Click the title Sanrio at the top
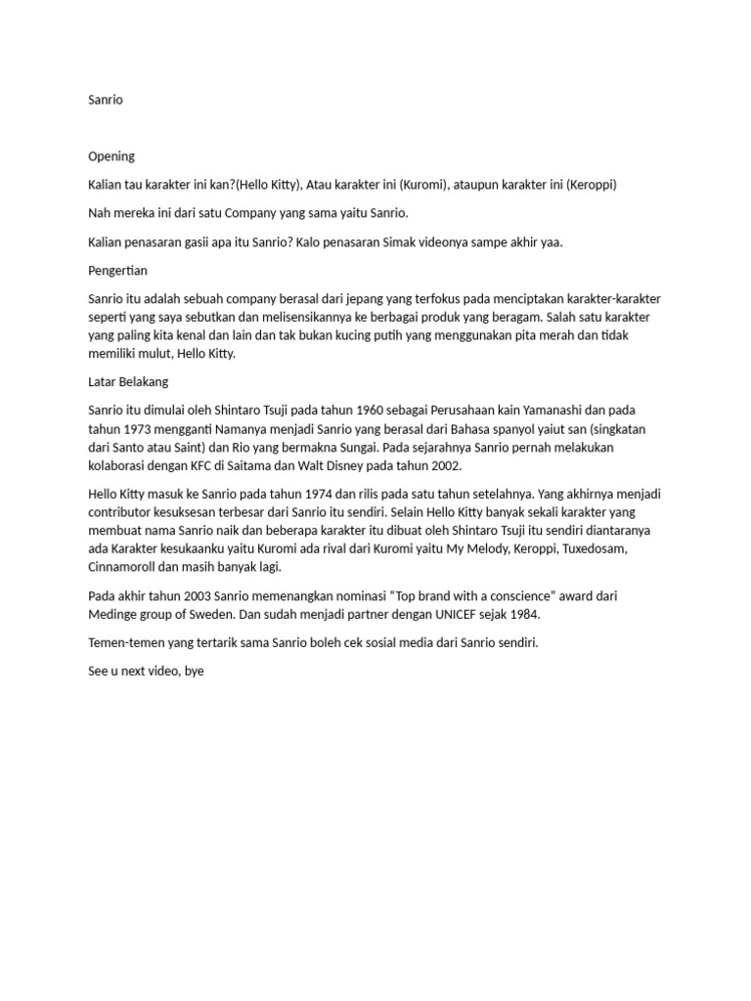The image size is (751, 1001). [106, 100]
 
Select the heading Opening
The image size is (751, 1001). [111, 156]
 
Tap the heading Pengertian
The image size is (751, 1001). [117, 270]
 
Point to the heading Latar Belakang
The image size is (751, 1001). [127, 382]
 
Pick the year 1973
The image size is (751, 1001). [137, 429]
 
